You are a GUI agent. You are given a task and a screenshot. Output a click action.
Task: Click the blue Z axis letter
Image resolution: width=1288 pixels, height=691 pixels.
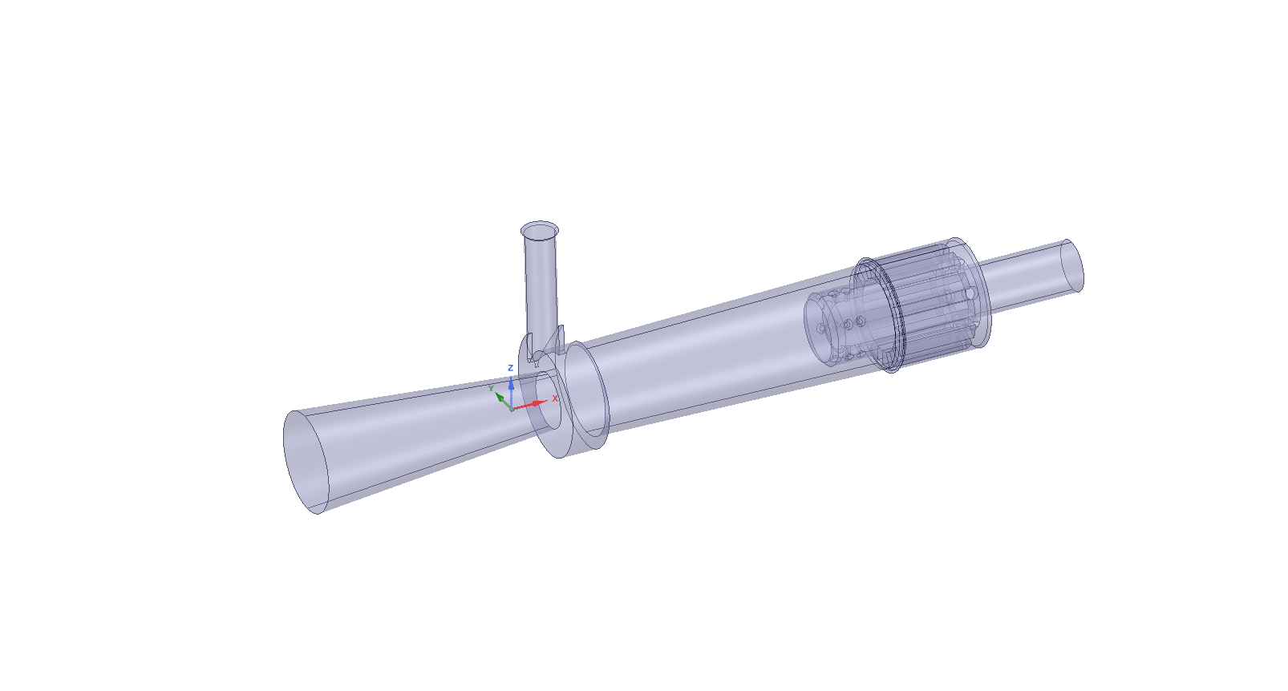coord(510,368)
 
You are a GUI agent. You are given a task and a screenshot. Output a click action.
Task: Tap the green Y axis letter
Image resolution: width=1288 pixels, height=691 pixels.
coord(491,389)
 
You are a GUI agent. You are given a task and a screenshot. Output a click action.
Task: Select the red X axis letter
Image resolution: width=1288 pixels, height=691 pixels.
coord(555,398)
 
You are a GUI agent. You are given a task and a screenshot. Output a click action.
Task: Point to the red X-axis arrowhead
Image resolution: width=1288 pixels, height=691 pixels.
coord(537,403)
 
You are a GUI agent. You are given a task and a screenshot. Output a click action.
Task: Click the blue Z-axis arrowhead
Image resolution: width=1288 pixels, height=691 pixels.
coord(511,383)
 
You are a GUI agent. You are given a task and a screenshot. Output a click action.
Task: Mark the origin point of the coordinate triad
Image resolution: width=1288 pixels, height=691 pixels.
coord(512,410)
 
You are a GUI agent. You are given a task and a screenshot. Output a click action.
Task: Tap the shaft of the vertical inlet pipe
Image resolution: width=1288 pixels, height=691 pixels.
coord(541,288)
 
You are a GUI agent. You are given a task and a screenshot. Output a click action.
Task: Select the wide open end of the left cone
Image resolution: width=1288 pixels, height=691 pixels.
coord(306,462)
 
